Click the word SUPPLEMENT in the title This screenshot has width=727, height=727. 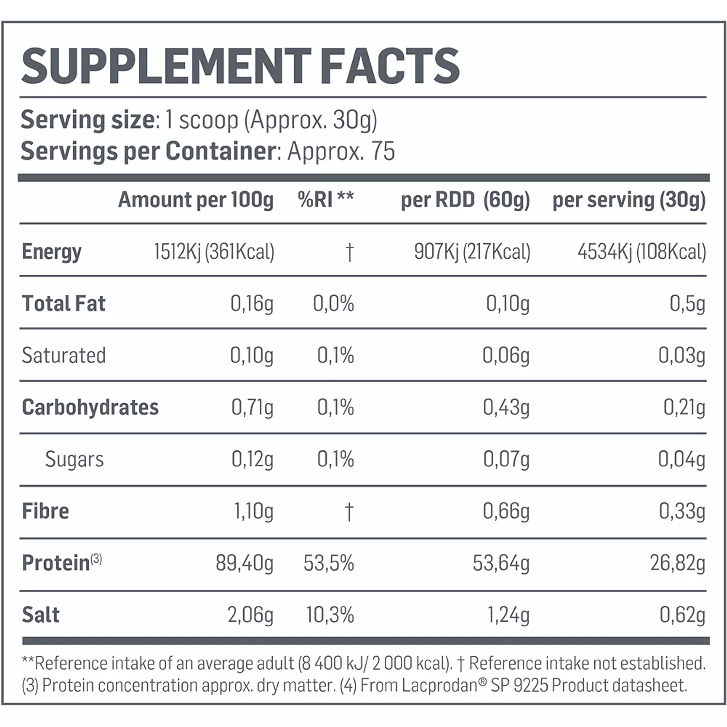(x=165, y=66)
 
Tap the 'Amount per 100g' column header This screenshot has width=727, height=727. (x=196, y=200)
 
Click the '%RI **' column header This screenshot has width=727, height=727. (x=326, y=200)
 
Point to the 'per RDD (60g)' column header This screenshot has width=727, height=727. (x=465, y=200)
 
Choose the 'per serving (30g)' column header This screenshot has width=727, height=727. (x=629, y=200)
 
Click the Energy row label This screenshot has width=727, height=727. (x=51, y=252)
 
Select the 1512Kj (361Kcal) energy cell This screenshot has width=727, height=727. (x=214, y=252)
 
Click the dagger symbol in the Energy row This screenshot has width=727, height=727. (x=349, y=252)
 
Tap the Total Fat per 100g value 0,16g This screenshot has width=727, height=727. (x=252, y=304)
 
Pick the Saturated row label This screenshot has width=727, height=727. (x=63, y=356)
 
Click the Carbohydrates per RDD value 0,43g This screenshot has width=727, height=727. (x=506, y=408)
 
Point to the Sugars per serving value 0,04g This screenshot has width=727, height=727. (x=681, y=459)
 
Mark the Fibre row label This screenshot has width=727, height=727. (x=46, y=511)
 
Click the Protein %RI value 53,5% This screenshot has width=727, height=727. (x=329, y=563)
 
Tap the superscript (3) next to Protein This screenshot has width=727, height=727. (x=96, y=559)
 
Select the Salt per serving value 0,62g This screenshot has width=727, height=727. (x=682, y=615)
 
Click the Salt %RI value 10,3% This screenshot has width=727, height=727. (x=330, y=615)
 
